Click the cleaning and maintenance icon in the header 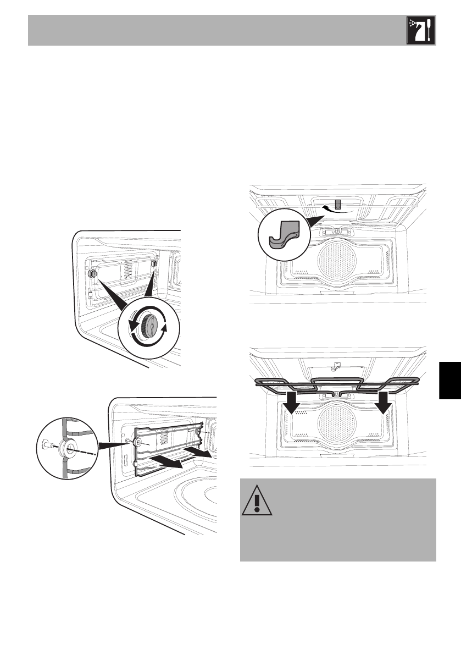[x=421, y=31]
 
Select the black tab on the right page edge [x=450, y=382]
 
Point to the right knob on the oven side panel [x=154, y=264]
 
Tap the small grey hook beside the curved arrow [x=337, y=204]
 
